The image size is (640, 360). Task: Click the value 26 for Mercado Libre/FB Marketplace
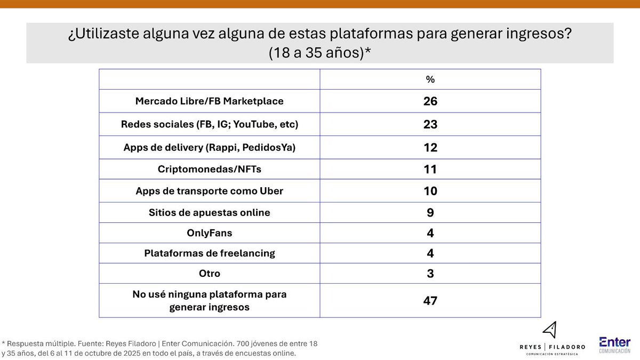coord(430,101)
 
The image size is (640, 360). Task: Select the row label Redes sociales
coord(209,124)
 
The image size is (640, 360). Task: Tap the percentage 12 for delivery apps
coord(430,147)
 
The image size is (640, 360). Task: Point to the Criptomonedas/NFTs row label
coord(209,170)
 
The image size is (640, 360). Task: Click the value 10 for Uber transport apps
coord(430,191)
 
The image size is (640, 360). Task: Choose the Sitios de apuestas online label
coord(209,212)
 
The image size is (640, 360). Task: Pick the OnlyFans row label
coord(209,233)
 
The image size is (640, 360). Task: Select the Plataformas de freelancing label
coord(209,253)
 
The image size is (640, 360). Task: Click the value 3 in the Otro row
coord(430,274)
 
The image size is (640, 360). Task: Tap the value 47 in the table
coord(430,301)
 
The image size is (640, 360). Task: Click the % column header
coord(430,79)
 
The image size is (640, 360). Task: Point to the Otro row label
coord(209,274)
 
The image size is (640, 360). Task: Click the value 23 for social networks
coord(430,124)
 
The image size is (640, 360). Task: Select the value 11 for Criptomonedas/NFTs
coord(430,170)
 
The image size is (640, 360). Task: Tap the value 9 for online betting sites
coord(430,212)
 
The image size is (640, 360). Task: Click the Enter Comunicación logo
coord(614,345)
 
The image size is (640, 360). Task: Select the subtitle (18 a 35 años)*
coord(320,53)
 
